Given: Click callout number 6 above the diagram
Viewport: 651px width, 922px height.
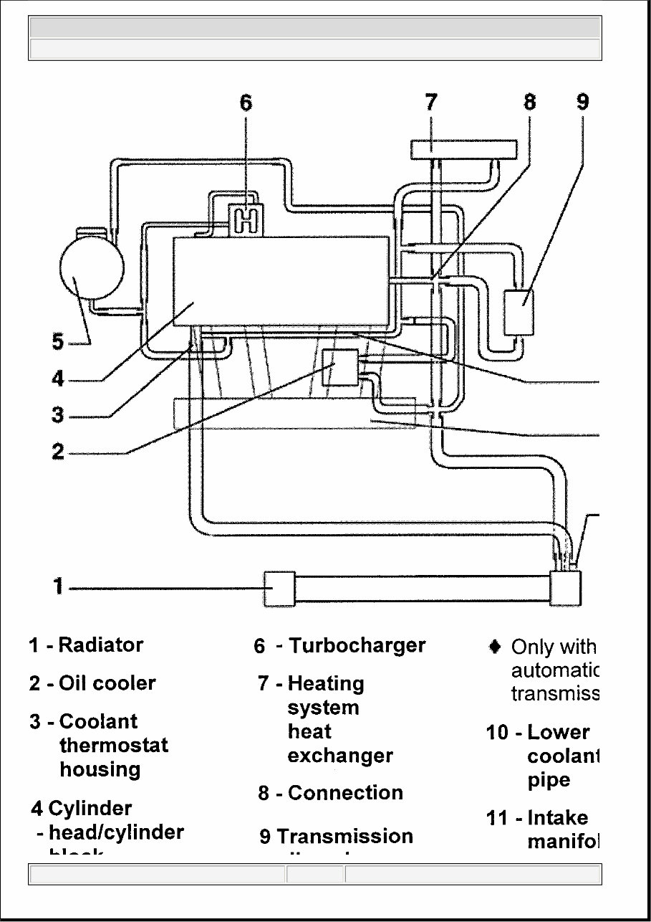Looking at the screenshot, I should [246, 103].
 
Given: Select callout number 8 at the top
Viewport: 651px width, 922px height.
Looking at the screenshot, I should [529, 102].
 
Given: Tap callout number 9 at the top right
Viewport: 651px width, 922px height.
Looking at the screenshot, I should [582, 102].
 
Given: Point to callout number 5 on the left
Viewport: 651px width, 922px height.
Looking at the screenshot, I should [58, 342].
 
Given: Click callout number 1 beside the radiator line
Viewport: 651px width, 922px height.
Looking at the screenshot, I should [58, 587].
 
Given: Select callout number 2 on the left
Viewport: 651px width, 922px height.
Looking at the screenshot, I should [58, 452].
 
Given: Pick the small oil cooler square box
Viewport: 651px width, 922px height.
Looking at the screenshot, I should [341, 366].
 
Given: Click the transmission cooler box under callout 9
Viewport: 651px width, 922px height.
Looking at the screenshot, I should [520, 312].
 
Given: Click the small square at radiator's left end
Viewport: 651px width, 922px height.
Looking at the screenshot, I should [279, 588].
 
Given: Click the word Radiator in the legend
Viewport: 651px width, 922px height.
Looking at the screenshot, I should [100, 645].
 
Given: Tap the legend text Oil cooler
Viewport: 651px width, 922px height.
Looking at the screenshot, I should [107, 683].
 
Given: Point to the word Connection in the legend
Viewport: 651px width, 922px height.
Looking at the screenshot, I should [345, 793].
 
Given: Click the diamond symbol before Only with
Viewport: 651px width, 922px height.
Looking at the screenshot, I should [494, 646].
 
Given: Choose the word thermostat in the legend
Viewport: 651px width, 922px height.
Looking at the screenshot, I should [114, 745].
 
